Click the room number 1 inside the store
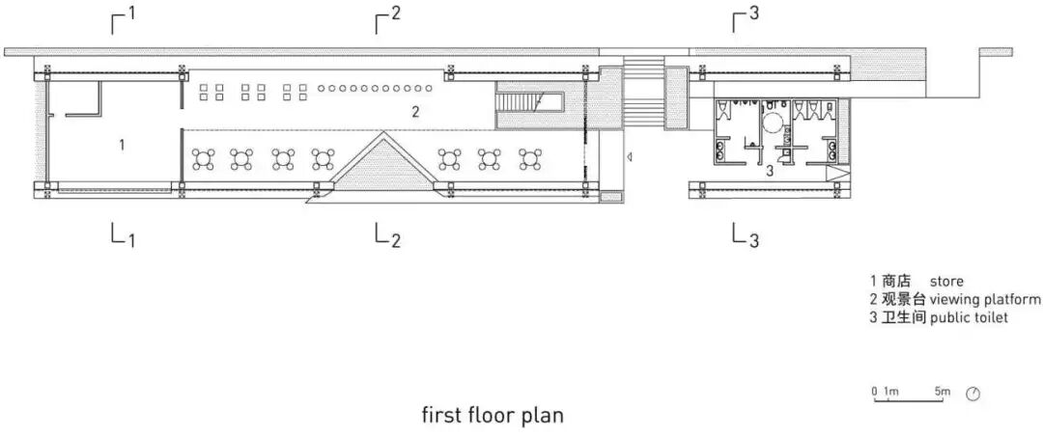[x=122, y=145]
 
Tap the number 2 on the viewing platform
[x=415, y=112]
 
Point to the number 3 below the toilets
[x=770, y=172]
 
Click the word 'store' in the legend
[x=946, y=283]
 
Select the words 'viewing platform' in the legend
[x=985, y=300]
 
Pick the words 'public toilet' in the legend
[x=970, y=317]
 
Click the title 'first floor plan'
[x=492, y=416]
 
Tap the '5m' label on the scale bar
[x=942, y=392]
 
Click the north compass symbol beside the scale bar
[x=973, y=394]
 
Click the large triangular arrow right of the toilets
[x=837, y=175]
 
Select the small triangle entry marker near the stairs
[x=628, y=155]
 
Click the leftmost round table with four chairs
[x=202, y=158]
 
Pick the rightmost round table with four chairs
[x=529, y=158]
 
